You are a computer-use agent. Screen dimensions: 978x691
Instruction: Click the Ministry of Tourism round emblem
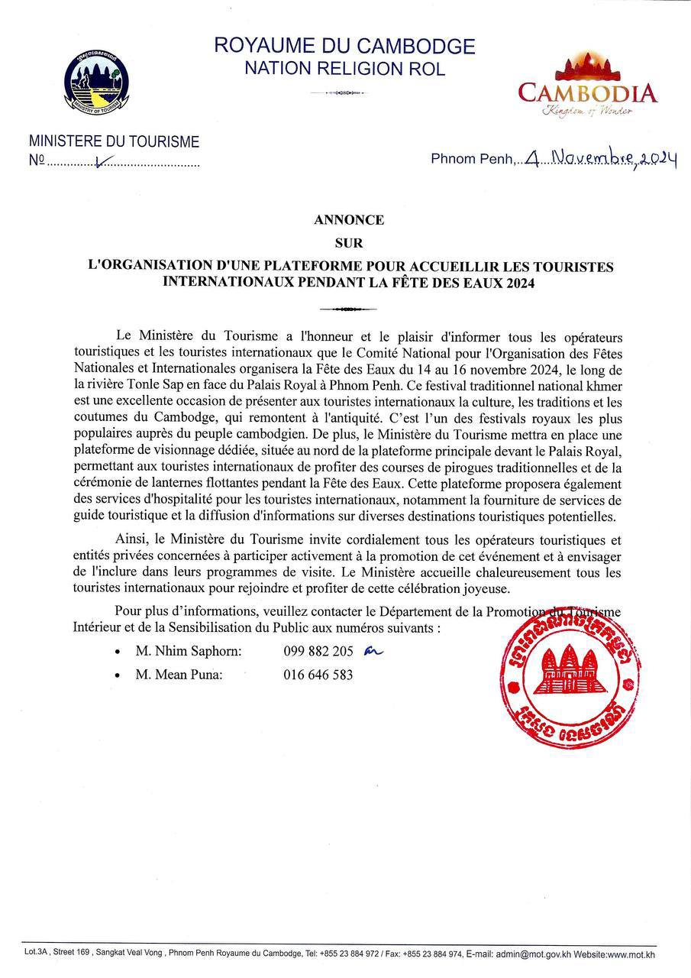click(x=96, y=82)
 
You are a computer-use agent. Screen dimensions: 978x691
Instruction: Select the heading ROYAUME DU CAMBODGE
click(x=344, y=47)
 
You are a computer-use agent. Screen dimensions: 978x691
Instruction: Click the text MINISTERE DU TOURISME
click(x=114, y=142)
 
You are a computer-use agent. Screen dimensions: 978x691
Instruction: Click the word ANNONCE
click(x=348, y=220)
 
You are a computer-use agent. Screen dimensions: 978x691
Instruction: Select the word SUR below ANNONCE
click(x=348, y=243)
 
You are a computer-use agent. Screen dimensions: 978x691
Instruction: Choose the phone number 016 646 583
click(x=318, y=675)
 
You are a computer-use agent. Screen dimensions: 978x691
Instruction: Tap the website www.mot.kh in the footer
click(x=629, y=954)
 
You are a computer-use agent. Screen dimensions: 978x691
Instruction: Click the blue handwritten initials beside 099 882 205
click(x=372, y=651)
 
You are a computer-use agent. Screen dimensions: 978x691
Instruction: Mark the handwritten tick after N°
click(x=104, y=161)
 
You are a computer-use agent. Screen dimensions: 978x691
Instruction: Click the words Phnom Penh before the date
click(x=473, y=159)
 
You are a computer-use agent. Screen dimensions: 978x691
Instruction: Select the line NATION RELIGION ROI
click(x=344, y=69)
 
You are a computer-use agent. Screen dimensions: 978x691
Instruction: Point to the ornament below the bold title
click(x=348, y=309)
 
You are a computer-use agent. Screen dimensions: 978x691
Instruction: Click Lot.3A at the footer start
click(x=37, y=954)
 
